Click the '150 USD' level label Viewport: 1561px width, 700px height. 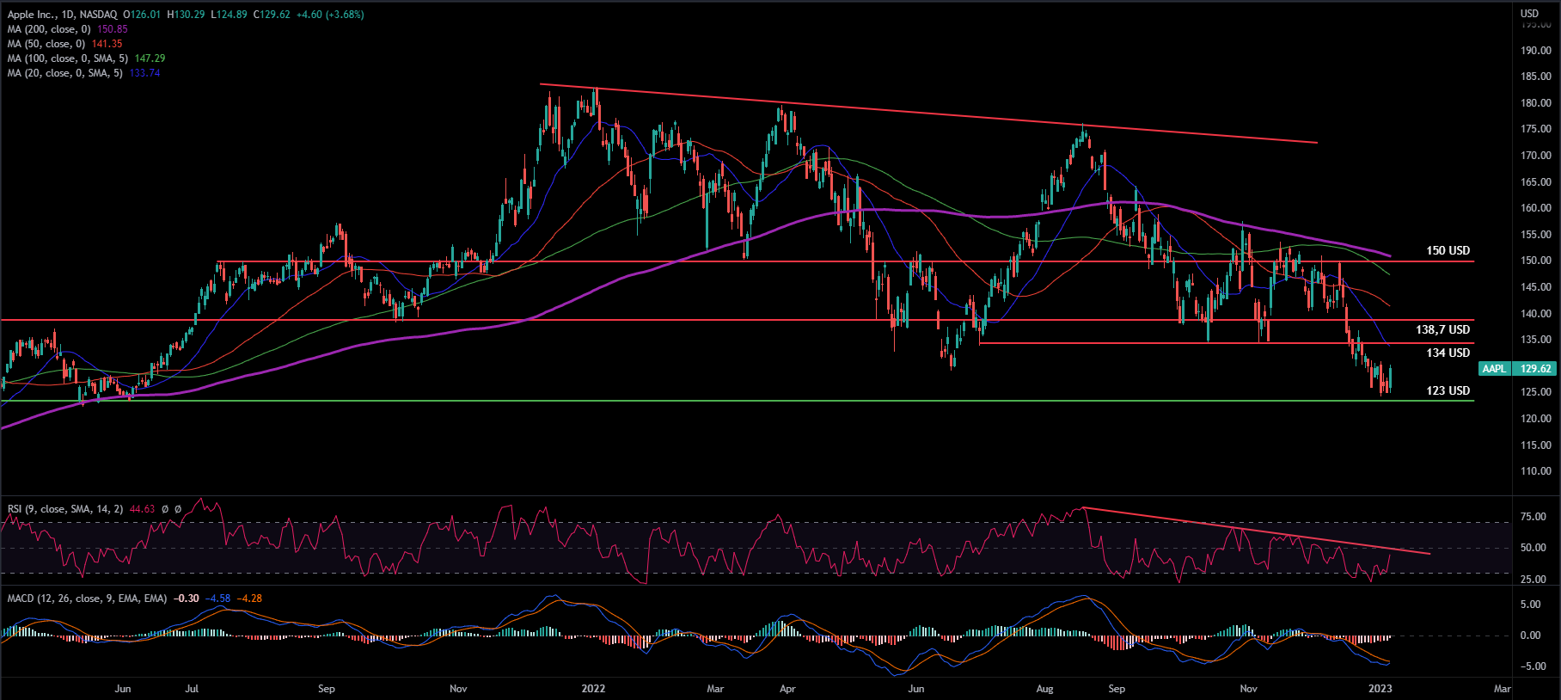pos(1448,251)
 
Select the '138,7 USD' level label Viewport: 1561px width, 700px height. pos(1442,330)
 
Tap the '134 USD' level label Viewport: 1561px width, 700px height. pos(1448,353)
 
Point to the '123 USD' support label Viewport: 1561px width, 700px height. pos(1448,391)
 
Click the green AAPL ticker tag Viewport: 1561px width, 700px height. pos(1494,369)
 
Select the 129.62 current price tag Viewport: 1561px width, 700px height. pos(1535,369)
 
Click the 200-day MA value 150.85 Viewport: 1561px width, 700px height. pos(113,29)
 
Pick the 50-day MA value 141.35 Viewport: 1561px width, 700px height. pos(107,44)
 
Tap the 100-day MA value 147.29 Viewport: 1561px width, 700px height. pos(150,58)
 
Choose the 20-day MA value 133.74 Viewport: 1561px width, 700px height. pos(144,73)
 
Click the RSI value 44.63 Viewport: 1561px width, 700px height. pos(142,509)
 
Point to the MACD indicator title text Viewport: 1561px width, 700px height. pos(87,599)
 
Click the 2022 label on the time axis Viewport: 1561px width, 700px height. pos(593,689)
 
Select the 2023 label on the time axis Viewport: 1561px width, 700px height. pos(1380,689)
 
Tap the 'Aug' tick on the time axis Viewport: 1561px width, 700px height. pos(1044,689)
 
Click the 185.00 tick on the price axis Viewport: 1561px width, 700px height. pos(1535,77)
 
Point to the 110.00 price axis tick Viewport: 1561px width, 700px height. pos(1535,471)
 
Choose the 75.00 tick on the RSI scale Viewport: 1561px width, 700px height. pos(1533,517)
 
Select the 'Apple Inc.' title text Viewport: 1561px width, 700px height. pos(32,15)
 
